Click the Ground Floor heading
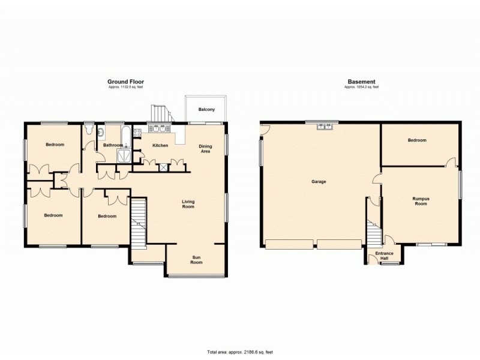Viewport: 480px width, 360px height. tap(125, 82)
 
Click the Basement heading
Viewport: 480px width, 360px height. tap(361, 82)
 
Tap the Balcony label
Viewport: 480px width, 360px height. tap(206, 109)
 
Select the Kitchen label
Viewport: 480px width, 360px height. tap(160, 146)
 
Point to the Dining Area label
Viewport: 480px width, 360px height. tap(205, 148)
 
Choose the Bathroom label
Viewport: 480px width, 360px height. tap(113, 145)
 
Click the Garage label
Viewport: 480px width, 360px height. tap(319, 181)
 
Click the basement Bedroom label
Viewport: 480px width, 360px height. tap(417, 140)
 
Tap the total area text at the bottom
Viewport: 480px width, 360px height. tap(240, 352)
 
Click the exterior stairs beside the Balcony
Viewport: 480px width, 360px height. tap(160, 112)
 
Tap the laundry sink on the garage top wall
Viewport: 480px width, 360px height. tap(325, 126)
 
